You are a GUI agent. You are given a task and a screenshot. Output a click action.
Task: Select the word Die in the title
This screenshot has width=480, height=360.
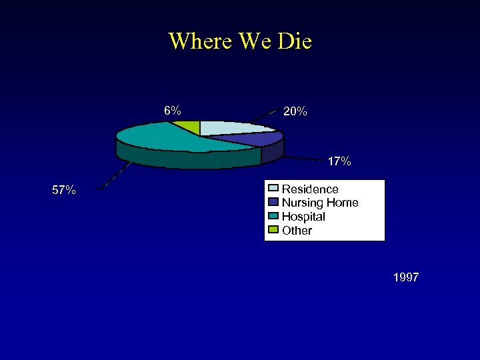[x=293, y=41]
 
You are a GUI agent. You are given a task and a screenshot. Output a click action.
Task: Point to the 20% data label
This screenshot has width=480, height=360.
[x=295, y=112]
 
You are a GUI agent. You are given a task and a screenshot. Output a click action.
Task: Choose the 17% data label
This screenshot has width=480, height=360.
[x=339, y=161]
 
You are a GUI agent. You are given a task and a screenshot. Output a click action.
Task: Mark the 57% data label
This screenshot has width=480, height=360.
[x=64, y=191]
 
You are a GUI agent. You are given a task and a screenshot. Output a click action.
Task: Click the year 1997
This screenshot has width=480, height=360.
[x=406, y=277]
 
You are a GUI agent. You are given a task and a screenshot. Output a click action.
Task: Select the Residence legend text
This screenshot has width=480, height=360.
[x=310, y=189]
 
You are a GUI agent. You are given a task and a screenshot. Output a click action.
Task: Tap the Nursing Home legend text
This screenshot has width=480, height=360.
[x=320, y=203]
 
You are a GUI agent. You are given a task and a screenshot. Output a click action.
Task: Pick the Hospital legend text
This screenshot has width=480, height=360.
[x=303, y=217]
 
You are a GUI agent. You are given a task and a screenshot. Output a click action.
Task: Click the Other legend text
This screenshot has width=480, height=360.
[x=297, y=231]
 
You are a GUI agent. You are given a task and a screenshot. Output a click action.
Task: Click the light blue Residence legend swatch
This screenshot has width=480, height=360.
[x=273, y=189]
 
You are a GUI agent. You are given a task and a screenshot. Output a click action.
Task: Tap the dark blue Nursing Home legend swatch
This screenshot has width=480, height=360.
[x=273, y=203]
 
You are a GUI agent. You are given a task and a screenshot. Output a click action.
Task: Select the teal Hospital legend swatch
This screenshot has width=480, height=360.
[x=273, y=217]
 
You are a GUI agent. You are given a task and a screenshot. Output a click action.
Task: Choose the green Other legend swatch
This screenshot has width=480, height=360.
[x=273, y=231]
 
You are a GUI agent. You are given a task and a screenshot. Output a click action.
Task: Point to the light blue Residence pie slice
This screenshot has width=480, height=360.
[x=233, y=128]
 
